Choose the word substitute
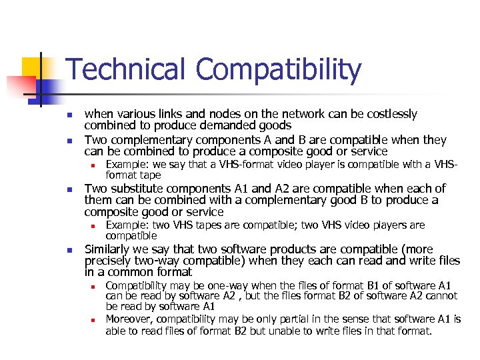click(x=134, y=189)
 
